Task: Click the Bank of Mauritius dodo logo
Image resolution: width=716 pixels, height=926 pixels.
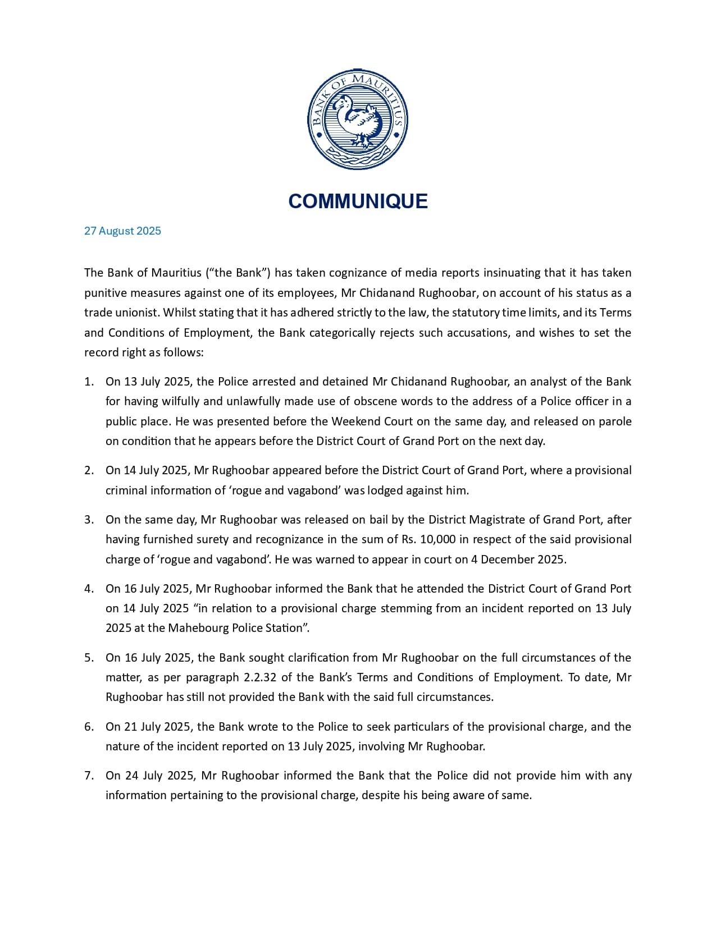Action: click(x=358, y=120)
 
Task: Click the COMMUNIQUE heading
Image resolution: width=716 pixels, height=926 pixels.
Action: click(x=358, y=201)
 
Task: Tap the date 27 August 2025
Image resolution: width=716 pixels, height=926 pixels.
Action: click(x=122, y=231)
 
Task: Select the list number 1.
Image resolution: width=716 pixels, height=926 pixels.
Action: click(x=88, y=382)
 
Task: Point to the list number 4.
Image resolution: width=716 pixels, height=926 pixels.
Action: click(x=89, y=589)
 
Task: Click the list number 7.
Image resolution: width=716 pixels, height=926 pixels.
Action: click(x=89, y=776)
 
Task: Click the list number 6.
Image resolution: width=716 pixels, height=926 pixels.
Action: click(x=89, y=727)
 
